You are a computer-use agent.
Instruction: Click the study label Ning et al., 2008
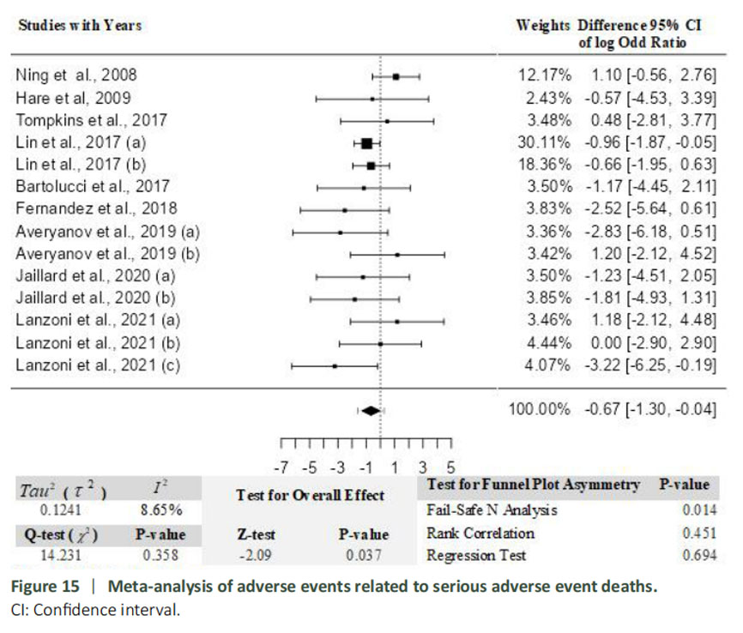[x=76, y=75]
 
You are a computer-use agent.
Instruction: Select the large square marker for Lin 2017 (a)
[x=366, y=142]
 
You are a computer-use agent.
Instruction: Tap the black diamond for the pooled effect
[x=371, y=410]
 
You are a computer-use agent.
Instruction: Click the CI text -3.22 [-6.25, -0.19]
[x=652, y=366]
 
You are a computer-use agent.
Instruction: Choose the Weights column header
[x=542, y=26]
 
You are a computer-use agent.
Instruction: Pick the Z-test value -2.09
[x=256, y=554]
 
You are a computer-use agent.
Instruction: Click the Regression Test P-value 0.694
[x=698, y=555]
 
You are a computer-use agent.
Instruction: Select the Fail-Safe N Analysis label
[x=492, y=510]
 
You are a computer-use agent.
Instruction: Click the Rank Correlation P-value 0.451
[x=698, y=533]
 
